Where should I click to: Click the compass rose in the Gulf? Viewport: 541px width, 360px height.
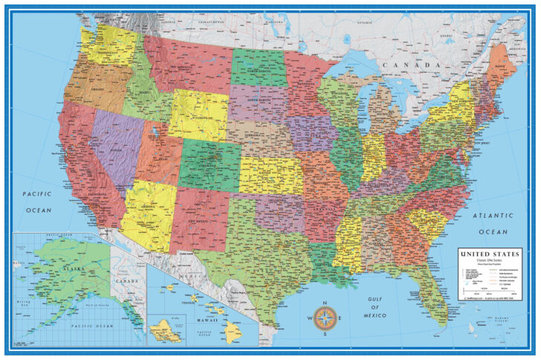(x=324, y=320)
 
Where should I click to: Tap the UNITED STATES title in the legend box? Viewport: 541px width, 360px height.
(x=486, y=254)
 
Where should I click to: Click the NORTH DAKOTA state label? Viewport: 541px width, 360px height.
(x=261, y=72)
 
